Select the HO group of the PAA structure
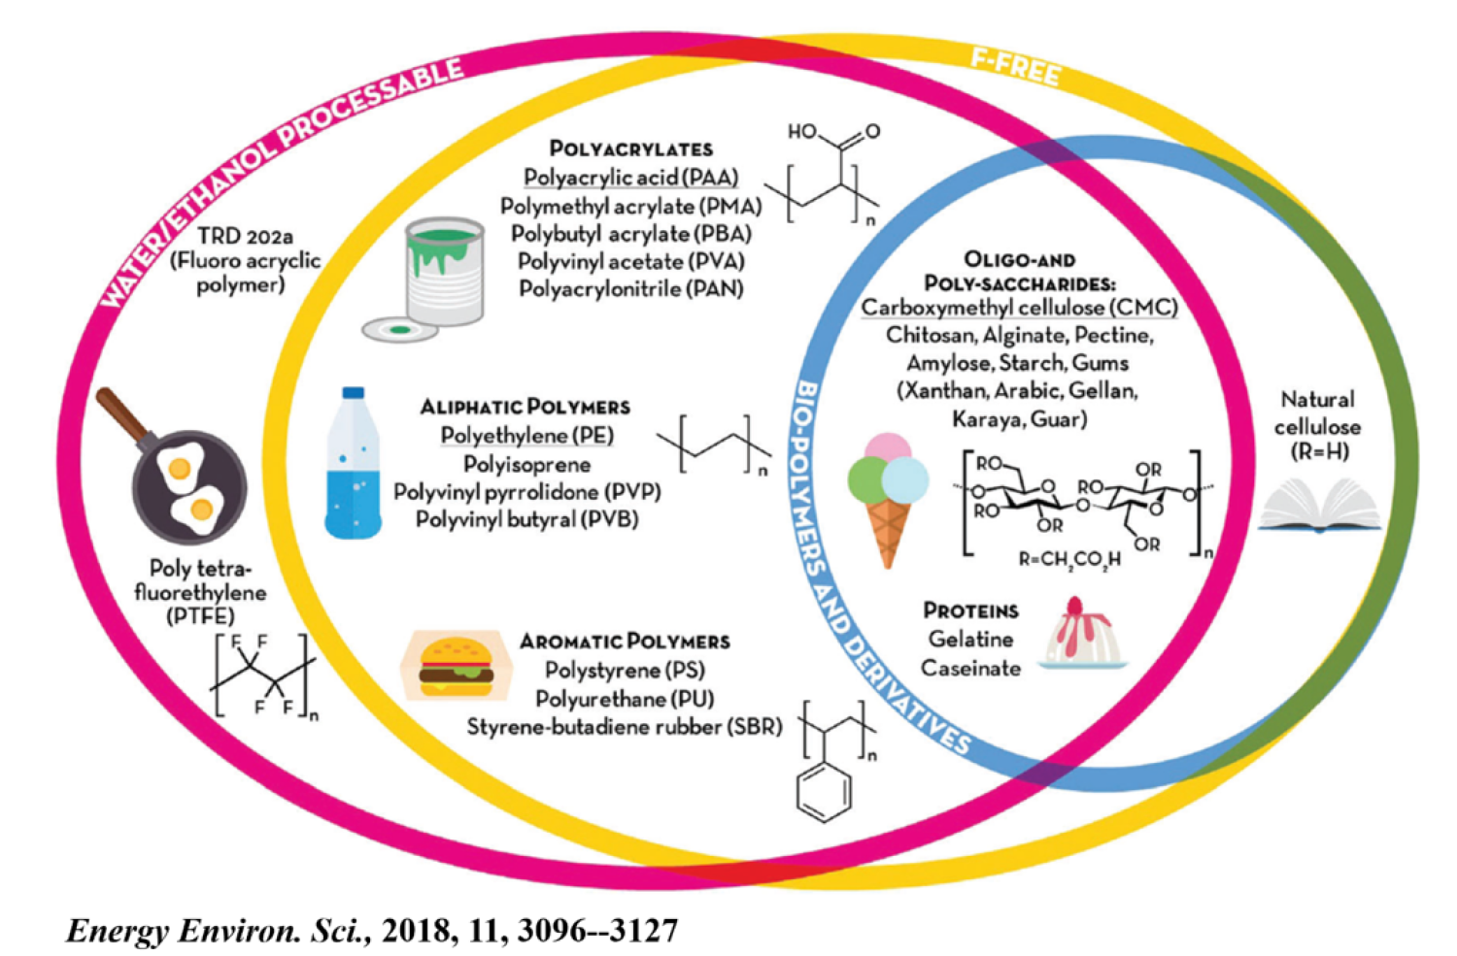click(x=802, y=131)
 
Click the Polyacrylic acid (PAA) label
click(x=630, y=178)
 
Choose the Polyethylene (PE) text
click(x=526, y=435)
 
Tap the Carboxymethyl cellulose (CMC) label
click(x=1019, y=308)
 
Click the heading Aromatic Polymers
click(x=624, y=642)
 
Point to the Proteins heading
click(x=970, y=610)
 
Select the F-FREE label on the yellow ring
click(x=1015, y=66)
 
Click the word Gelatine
click(x=970, y=639)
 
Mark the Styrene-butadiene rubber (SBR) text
click(x=624, y=726)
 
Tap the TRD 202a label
click(x=245, y=236)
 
